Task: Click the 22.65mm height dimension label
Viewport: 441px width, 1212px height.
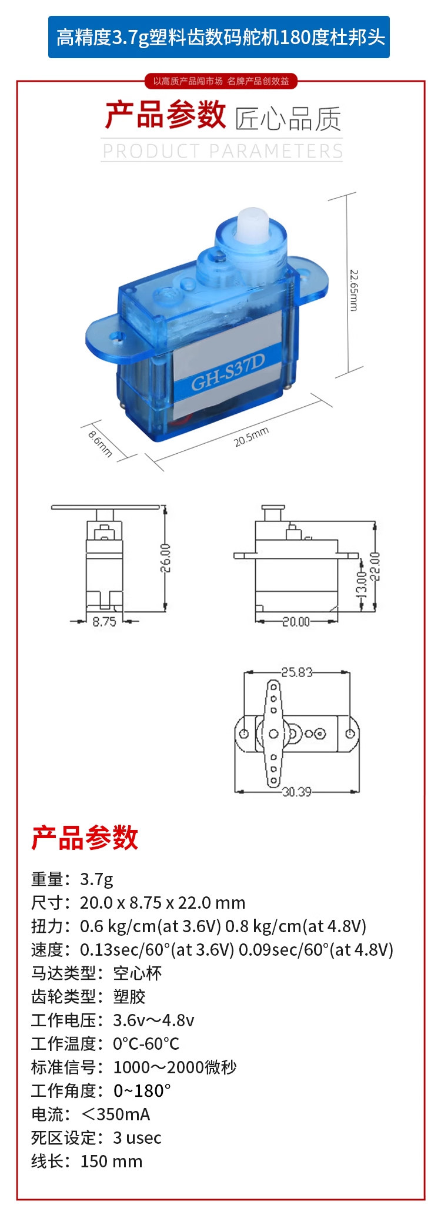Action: (353, 290)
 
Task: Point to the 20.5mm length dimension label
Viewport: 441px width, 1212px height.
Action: (252, 437)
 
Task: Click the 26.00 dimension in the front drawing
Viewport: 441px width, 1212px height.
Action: (166, 558)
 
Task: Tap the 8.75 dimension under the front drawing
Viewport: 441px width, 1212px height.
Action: (104, 621)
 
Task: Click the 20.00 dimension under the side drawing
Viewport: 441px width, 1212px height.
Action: (296, 621)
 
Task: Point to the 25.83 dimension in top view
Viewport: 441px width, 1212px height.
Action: (297, 672)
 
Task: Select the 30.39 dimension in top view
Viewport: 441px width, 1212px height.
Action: (297, 792)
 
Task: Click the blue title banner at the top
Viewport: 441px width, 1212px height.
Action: (219, 37)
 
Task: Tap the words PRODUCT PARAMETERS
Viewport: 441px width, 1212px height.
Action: (223, 151)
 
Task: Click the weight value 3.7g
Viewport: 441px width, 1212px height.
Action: (96, 879)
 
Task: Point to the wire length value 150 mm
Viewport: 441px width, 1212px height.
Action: (111, 1161)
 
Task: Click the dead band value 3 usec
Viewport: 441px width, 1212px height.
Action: (137, 1138)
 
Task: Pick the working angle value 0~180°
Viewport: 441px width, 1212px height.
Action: (142, 1091)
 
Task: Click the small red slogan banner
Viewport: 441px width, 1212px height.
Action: (221, 81)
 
